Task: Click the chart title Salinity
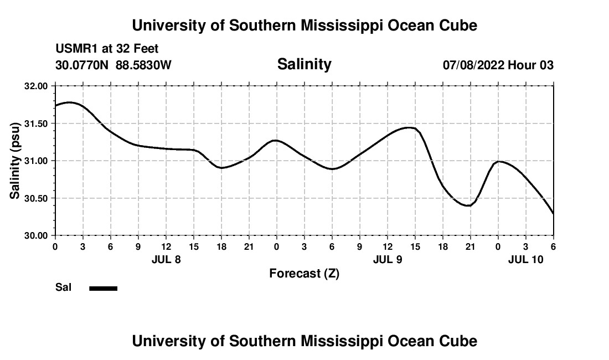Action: point(304,64)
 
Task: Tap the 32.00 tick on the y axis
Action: point(37,86)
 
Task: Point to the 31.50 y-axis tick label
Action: point(37,124)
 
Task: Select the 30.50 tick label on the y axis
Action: point(37,198)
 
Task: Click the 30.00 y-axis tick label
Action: point(37,235)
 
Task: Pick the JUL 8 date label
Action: point(166,259)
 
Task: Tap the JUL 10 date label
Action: point(525,259)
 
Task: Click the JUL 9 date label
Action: point(388,259)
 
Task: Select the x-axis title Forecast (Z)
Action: point(304,273)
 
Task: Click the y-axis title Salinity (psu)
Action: point(15,161)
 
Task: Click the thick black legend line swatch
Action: point(103,288)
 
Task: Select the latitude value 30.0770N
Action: point(82,65)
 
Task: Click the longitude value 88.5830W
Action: point(143,65)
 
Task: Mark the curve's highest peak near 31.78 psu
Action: point(69,102)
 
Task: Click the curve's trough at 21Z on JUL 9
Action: point(469,205)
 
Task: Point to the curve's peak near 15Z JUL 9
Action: point(410,127)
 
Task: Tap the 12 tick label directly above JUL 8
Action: point(166,246)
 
